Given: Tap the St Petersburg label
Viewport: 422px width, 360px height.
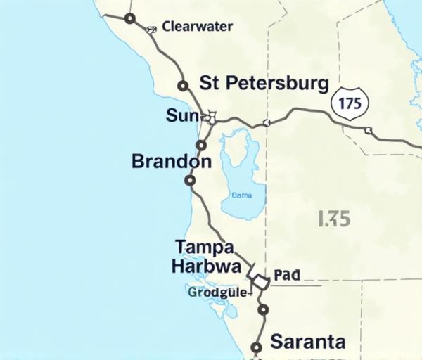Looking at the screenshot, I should point(264,84).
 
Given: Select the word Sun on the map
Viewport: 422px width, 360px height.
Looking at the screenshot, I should point(183,115).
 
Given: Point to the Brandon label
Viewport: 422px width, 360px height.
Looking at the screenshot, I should point(171,162).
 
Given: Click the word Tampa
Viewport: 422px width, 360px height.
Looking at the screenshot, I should point(204,247).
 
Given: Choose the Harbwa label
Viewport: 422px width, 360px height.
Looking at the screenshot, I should point(206,266).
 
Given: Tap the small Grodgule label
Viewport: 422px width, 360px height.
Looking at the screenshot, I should point(217,292).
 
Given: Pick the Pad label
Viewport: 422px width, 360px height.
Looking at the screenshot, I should point(286,275).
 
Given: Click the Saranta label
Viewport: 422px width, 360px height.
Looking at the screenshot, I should point(308,342).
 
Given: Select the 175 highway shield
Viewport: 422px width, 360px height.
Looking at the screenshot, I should point(349,103).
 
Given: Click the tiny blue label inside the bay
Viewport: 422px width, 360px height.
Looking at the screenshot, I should point(241,195).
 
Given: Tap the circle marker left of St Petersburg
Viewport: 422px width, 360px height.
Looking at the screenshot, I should point(183,86).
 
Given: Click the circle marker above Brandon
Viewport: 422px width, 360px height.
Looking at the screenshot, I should point(200,146).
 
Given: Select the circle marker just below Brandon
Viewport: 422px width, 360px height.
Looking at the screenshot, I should point(189,181).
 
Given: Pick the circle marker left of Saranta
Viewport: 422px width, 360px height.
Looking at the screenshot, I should point(257,347).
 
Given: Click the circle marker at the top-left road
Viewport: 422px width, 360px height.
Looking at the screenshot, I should point(129,18).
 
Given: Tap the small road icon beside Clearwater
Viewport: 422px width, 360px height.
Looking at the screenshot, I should point(151,30).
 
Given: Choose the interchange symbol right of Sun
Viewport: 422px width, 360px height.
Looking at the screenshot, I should point(211,116).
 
